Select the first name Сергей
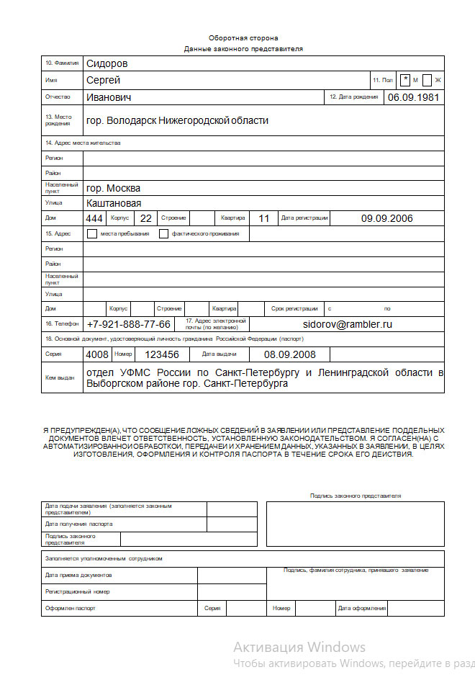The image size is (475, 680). pos(103,80)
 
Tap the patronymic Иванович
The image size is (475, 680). pos(108,97)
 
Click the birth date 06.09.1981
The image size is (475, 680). pos(413,97)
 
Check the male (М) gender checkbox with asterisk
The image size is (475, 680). pos(407,80)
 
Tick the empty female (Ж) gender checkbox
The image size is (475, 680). pos(427,80)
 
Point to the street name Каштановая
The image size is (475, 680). pos(113,203)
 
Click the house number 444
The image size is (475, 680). pos(94,218)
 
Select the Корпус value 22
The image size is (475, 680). pos(145,218)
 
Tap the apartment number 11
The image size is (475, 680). pos(263,218)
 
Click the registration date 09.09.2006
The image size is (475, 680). pos(387,218)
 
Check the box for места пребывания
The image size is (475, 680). pos(91,233)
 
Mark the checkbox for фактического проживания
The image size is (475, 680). pos(163,233)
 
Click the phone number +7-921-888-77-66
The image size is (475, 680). pos(129,324)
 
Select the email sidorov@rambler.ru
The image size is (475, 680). pos(348,324)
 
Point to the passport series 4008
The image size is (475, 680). pos(97,354)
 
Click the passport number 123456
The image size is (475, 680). pos(161,354)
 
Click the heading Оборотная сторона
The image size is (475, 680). pos(243,37)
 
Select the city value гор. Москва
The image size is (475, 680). pos(113,188)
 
